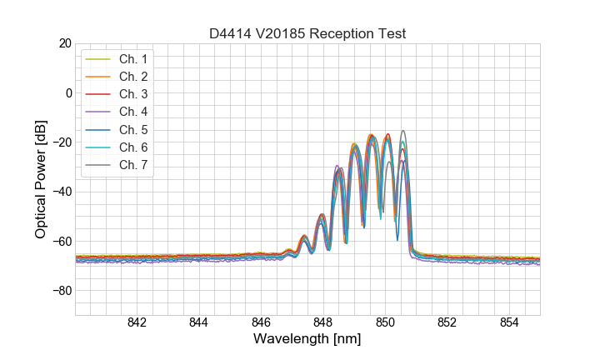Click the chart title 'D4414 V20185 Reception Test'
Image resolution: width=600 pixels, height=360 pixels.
pyautogui.click(x=307, y=33)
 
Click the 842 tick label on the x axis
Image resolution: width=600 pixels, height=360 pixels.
pyautogui.click(x=137, y=323)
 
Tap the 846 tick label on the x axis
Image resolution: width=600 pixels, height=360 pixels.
pyautogui.click(x=261, y=323)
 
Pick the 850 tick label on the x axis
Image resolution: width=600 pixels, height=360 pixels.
pyautogui.click(x=385, y=323)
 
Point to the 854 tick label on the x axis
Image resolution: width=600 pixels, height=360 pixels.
pyautogui.click(x=509, y=323)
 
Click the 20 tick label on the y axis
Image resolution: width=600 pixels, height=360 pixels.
pyautogui.click(x=65, y=43)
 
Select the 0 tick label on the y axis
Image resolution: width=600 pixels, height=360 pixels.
pyautogui.click(x=68, y=92)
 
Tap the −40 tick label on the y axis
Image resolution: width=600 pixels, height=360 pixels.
pyautogui.click(x=62, y=192)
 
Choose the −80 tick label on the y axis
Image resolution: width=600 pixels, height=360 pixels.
pyautogui.click(x=62, y=291)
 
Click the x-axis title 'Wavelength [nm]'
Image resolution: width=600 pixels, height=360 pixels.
pyautogui.click(x=307, y=340)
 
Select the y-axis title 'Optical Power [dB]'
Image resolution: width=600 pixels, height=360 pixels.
pyautogui.click(x=41, y=179)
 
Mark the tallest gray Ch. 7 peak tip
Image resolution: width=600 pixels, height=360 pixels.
pyautogui.click(x=403, y=131)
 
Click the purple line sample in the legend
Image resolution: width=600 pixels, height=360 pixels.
pyautogui.click(x=98, y=112)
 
